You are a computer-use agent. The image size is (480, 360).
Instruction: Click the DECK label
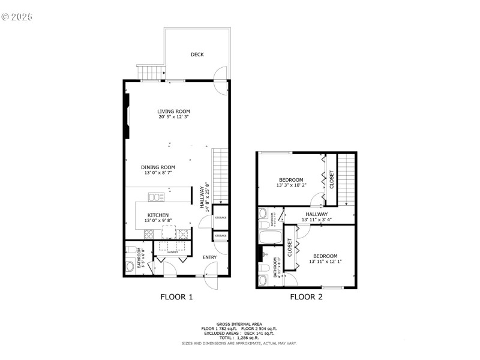[197, 55]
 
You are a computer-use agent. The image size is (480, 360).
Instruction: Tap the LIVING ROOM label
[174, 111]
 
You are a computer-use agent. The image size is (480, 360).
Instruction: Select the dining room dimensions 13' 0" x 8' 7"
[158, 173]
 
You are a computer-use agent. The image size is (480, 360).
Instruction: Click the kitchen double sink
[157, 197]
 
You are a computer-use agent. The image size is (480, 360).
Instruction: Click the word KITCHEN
[158, 215]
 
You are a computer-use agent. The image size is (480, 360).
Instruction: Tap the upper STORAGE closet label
[220, 217]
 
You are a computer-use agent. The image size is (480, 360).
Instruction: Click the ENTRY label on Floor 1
[209, 257]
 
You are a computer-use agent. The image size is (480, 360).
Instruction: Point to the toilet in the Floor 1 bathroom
[131, 267]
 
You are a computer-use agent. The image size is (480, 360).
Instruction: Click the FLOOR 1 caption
[176, 296]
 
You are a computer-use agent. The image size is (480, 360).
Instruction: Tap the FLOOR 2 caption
[306, 296]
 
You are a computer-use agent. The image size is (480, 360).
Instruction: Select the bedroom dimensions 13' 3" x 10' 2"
[291, 185]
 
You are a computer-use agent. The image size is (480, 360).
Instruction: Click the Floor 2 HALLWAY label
[316, 214]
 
